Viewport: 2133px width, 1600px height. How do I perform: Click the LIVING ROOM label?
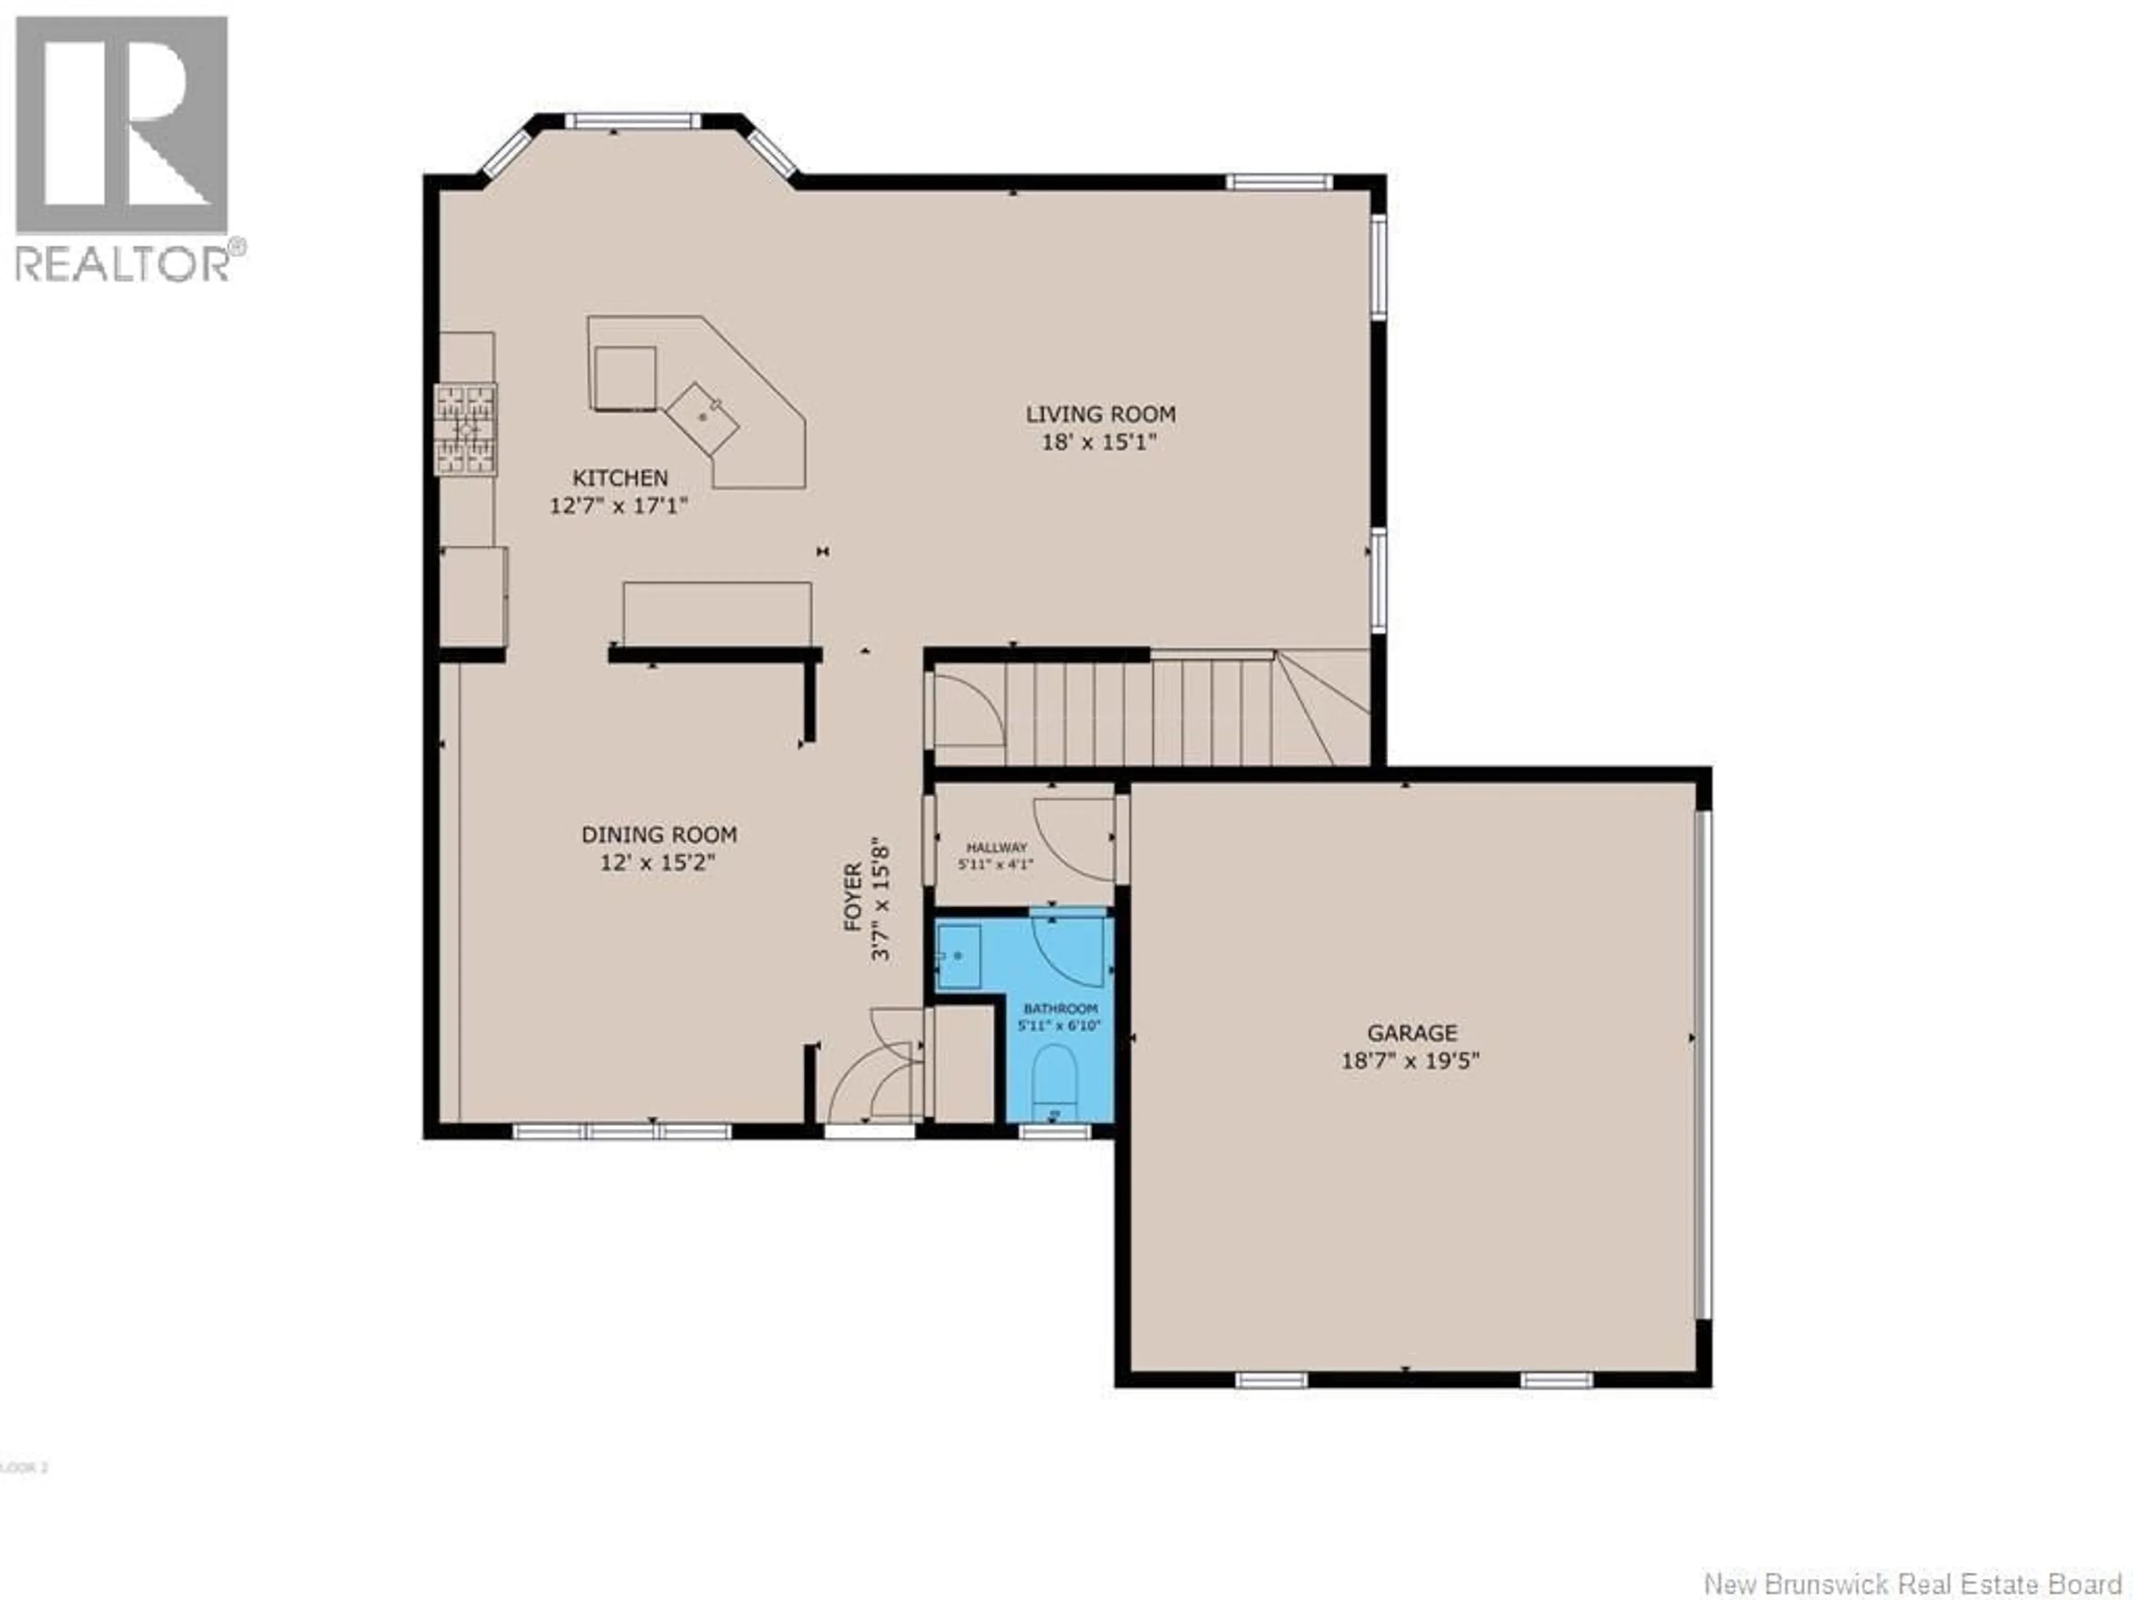(1100, 414)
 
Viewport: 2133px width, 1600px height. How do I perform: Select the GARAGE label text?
(1411, 1033)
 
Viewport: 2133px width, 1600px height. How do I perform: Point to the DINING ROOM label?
(659, 834)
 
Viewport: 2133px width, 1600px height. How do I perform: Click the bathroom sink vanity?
(959, 956)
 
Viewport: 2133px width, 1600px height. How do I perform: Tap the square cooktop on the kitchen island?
(625, 378)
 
